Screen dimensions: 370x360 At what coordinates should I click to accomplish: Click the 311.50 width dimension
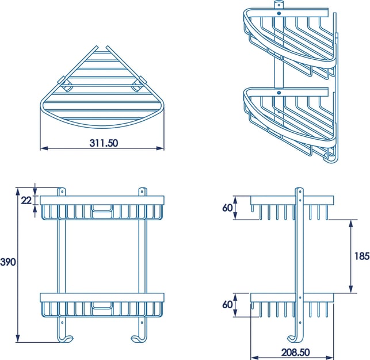coord(104,143)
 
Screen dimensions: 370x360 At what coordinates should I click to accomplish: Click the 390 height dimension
coord(8,262)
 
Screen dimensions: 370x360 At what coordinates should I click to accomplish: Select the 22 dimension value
coord(26,200)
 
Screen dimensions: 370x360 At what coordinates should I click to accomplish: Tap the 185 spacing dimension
coord(362,256)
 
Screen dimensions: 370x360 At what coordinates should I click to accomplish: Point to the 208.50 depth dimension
coord(295,353)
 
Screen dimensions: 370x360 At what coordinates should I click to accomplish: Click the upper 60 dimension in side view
coord(227,208)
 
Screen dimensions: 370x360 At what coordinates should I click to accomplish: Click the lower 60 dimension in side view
coord(227,305)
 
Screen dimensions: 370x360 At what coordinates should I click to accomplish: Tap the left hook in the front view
coord(66,338)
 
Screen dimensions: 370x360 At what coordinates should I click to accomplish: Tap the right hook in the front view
coord(139,338)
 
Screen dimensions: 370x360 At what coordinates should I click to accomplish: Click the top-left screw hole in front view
coord(62,192)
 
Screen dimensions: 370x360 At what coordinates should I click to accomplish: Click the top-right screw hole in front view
coord(142,192)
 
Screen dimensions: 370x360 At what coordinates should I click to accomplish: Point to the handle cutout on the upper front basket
coord(102,211)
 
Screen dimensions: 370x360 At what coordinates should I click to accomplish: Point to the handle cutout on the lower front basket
coord(102,308)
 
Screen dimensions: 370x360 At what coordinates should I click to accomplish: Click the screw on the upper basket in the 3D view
coord(279,14)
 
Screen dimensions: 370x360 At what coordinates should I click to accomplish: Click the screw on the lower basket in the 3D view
coord(279,93)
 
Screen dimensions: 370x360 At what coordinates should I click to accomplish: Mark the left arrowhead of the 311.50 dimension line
coord(44,148)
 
